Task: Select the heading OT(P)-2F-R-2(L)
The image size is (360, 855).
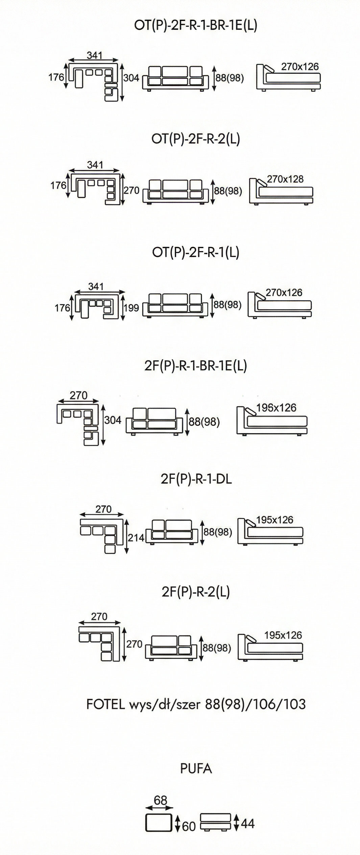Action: [x=196, y=139]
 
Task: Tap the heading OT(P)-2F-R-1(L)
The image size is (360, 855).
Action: [x=196, y=252]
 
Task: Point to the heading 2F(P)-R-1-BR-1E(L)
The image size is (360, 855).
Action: [x=196, y=366]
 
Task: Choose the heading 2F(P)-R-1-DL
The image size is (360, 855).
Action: [x=196, y=479]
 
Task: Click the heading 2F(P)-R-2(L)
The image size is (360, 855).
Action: [x=196, y=592]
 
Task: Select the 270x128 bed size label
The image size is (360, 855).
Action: [x=285, y=179]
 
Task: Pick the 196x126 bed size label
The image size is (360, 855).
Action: [x=276, y=408]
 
